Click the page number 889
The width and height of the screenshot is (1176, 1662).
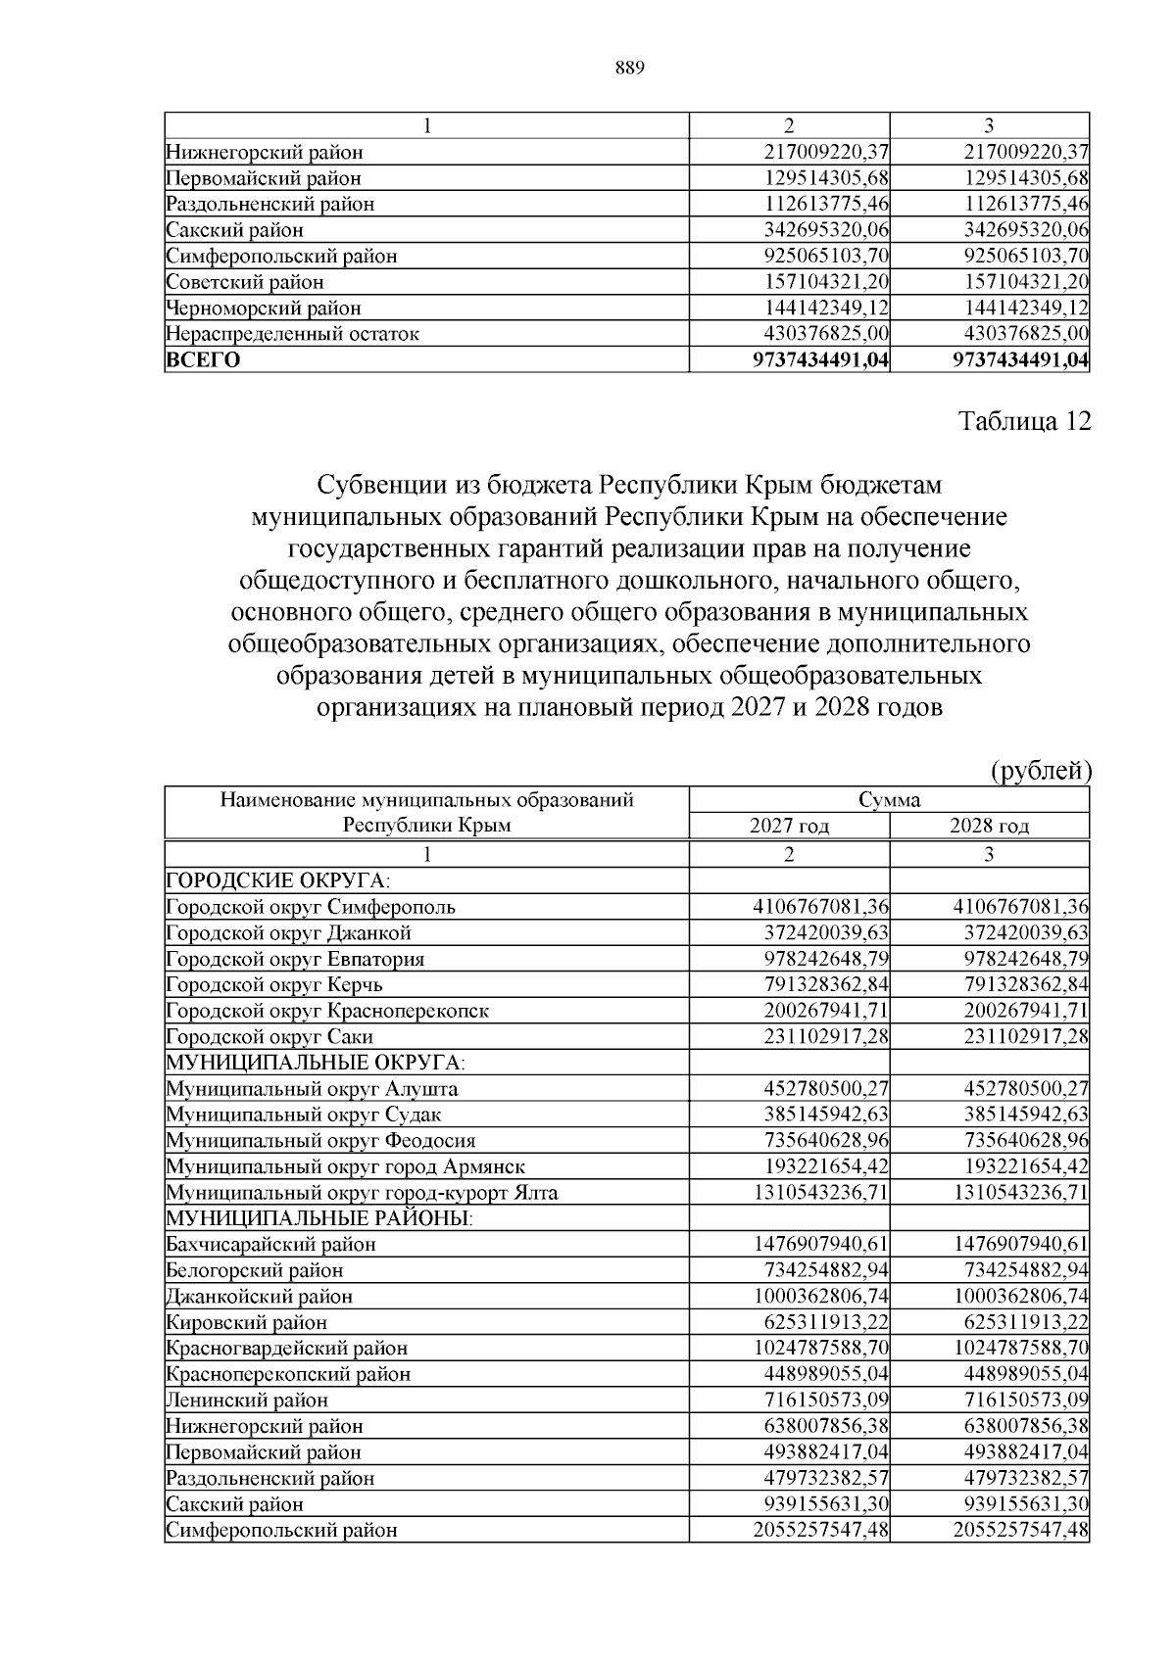coord(629,68)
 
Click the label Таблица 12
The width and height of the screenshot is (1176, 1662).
coord(1023,421)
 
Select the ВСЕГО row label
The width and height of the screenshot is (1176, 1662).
coord(203,359)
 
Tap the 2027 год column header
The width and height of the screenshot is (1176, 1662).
coord(789,826)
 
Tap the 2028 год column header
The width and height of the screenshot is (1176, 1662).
coord(989,826)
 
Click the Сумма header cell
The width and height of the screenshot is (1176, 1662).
coord(889,799)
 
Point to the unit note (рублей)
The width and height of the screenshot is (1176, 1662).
coord(1042,771)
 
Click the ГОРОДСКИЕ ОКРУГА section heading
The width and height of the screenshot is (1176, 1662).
coord(264,879)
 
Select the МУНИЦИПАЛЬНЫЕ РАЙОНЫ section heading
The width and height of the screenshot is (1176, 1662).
coord(318,1217)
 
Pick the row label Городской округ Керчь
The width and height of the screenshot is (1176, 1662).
coord(274,984)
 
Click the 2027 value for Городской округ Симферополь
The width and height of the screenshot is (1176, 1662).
coord(820,906)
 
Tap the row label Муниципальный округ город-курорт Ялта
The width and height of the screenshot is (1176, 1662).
coord(362,1192)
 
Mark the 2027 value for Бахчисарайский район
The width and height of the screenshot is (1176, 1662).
coord(820,1244)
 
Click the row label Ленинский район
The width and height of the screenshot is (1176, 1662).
coord(247,1400)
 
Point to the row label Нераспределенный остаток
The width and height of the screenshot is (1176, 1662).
coord(292,334)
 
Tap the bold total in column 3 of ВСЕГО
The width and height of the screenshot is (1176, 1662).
coord(1021,359)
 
